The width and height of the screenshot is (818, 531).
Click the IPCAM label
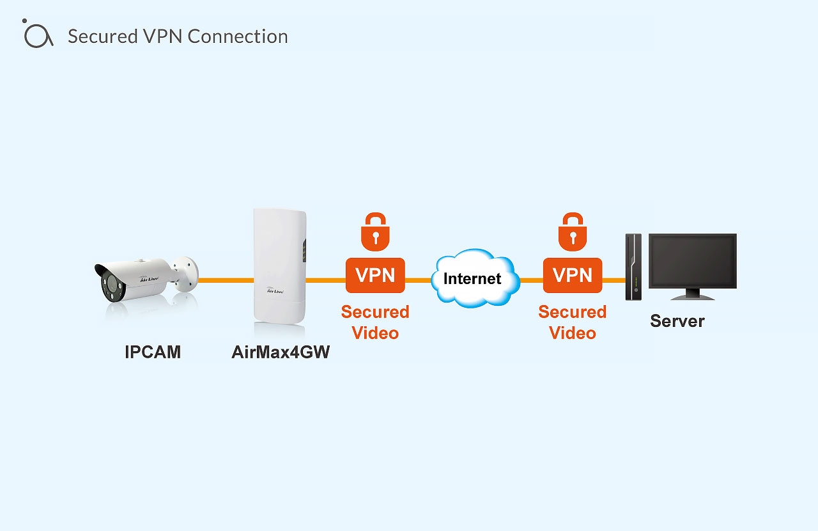click(153, 352)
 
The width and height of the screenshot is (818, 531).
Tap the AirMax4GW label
click(281, 352)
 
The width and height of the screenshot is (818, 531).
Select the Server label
click(677, 321)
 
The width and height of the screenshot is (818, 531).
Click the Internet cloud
click(473, 278)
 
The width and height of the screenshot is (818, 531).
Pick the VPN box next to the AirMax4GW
click(375, 275)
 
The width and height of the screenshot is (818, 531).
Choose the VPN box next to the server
click(573, 275)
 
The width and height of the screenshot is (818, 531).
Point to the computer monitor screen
click(693, 261)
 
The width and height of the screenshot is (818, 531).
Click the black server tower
click(633, 267)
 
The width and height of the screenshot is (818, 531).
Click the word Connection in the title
click(238, 36)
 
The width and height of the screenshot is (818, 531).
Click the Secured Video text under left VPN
click(375, 322)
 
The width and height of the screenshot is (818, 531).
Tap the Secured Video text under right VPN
click(573, 322)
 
